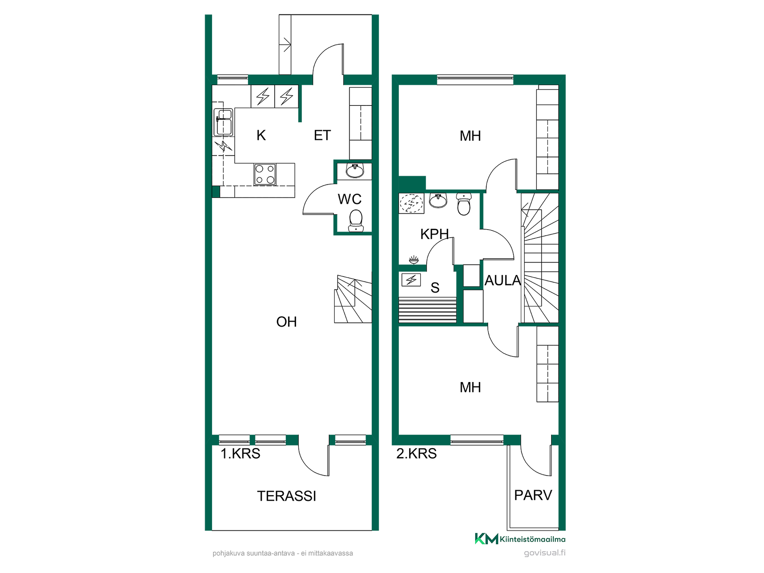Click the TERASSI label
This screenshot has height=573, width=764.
(x=286, y=496)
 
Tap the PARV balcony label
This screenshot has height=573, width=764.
(x=533, y=495)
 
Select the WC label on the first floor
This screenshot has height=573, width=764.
(x=350, y=199)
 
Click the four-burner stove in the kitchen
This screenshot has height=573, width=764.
(x=265, y=175)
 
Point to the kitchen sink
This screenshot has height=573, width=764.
(x=223, y=123)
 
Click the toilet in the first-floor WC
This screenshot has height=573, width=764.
(x=356, y=221)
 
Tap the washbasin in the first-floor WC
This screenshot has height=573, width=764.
(x=355, y=171)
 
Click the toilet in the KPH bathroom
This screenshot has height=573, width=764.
(x=464, y=204)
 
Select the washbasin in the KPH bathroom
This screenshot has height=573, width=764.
(x=438, y=201)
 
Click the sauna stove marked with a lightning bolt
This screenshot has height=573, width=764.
(x=411, y=280)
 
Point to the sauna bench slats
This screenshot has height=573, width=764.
(x=427, y=310)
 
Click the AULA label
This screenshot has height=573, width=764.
(x=503, y=281)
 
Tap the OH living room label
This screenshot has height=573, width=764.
(x=286, y=322)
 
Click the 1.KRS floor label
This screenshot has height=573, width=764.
(x=240, y=454)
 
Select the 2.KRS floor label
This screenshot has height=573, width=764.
(x=417, y=454)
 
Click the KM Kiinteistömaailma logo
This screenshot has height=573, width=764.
(x=520, y=539)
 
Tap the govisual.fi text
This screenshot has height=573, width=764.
(x=545, y=553)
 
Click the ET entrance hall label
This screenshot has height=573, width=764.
(x=322, y=135)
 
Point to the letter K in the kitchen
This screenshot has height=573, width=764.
(x=261, y=135)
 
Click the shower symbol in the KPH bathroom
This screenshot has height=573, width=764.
(x=411, y=203)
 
